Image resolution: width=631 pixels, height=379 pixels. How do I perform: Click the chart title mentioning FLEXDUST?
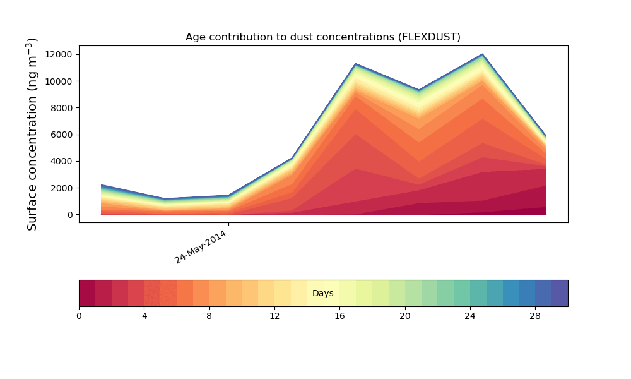pos(322,37)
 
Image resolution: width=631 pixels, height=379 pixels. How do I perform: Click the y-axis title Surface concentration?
pos(32,134)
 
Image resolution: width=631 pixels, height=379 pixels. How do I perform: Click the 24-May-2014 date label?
pos(201,247)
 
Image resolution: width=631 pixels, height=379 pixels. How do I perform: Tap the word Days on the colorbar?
pos(322,294)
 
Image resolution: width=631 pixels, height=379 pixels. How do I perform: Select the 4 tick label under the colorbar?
pos(144,316)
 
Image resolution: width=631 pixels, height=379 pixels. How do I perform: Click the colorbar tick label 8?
pos(209,316)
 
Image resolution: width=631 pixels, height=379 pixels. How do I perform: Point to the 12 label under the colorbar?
pos(274,316)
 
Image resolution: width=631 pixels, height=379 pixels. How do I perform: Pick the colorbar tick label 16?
pos(339,316)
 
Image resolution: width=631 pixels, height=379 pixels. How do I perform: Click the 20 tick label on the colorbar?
pos(404,316)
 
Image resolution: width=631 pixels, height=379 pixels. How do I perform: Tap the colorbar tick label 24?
pos(470,316)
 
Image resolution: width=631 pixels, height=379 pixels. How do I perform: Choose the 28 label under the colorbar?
pos(535,316)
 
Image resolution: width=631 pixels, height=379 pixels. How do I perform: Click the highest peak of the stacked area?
pos(483,55)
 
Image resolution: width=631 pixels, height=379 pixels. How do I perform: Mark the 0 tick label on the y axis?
pos(69,215)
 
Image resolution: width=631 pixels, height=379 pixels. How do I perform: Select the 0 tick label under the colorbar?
pos(79,316)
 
